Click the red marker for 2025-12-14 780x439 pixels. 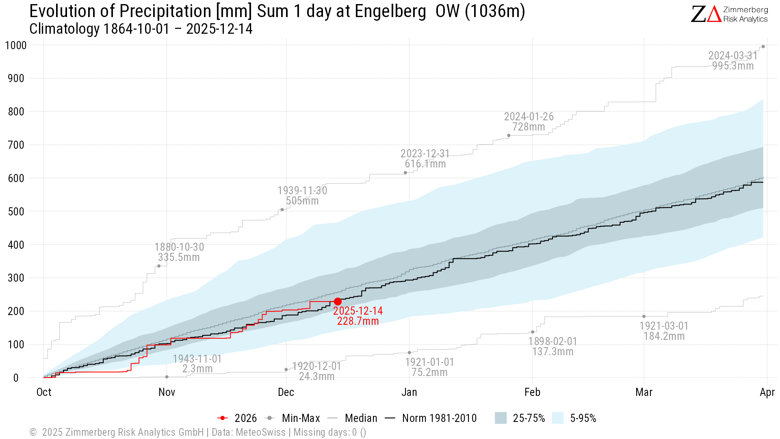pos(338,302)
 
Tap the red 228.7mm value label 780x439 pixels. pos(357,321)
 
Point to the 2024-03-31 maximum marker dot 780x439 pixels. pos(763,47)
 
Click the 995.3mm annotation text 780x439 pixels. pos(733,66)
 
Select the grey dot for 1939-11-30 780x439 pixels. pos(282,210)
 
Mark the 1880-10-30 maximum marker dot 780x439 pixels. pos(159,266)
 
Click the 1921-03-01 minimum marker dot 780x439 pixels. pos(644,316)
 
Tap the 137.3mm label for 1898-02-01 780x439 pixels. pos(552,352)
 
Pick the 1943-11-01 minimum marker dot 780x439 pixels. pos(167,377)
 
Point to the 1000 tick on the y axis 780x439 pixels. pos(16,45)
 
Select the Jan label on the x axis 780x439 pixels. pos(409,392)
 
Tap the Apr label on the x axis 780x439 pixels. pos(767,392)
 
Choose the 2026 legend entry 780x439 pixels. pos(237,418)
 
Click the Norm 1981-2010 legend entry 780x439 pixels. pos(431,418)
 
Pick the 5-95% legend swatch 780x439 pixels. pos(558,418)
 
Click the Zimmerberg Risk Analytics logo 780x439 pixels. pos(729,14)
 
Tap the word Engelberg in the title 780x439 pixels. pos(390,11)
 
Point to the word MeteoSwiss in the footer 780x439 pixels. pos(260,432)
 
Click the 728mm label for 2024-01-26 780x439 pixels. pos(529,127)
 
